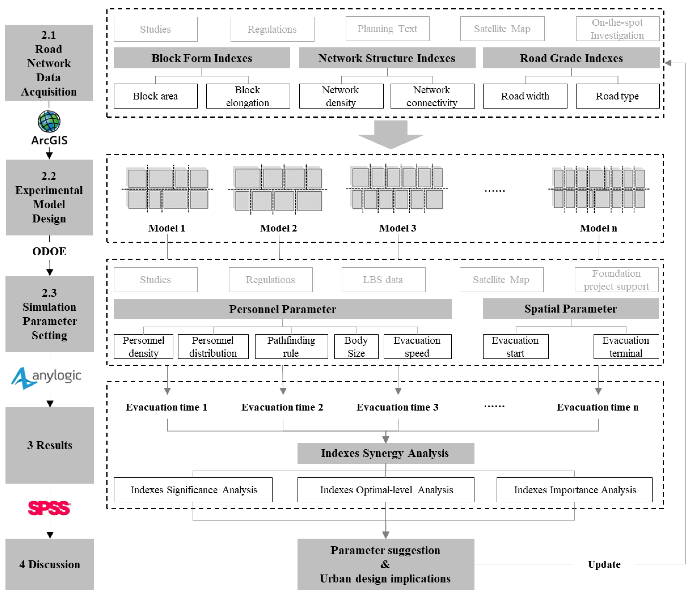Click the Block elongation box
coord(248,96)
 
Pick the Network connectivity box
coord(432,96)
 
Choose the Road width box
coord(525,96)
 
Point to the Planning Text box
coord(387,29)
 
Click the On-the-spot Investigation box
coord(618,29)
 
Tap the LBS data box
coord(383,279)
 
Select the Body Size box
coord(356,347)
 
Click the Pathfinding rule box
coord(291,347)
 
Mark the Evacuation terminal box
coord(626,347)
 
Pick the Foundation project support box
coord(617,279)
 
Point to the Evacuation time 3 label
coord(398,407)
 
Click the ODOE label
coord(49,251)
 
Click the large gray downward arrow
coord(391,134)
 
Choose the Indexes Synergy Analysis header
coord(386,453)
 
